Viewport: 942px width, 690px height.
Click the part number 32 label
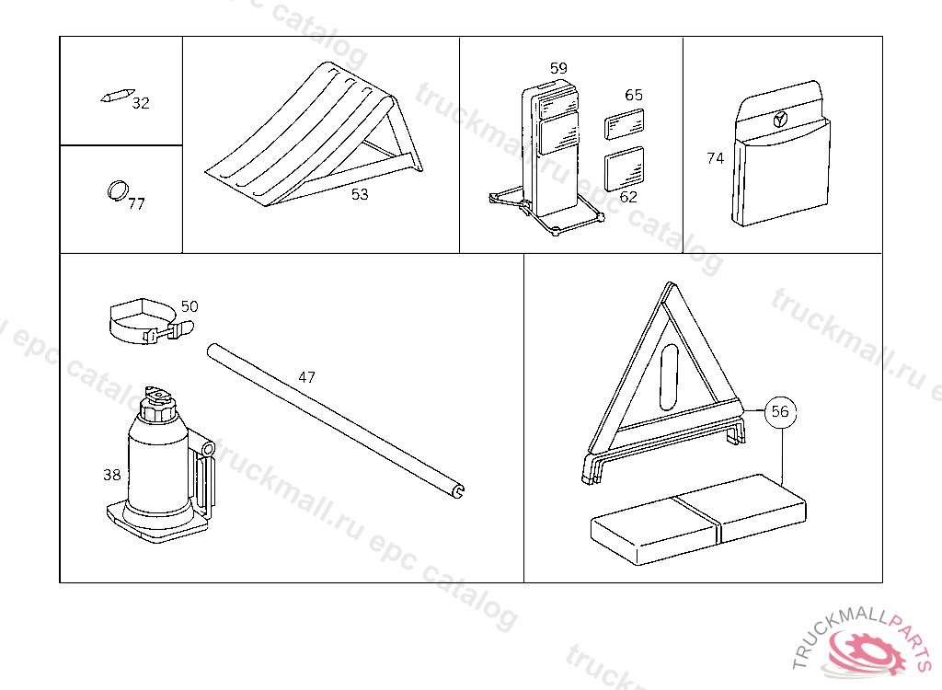click(141, 103)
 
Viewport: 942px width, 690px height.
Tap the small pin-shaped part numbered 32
click(117, 97)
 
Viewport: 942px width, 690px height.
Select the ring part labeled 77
click(118, 190)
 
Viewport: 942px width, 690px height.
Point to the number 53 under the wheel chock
click(360, 194)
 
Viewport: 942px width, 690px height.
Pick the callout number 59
click(558, 68)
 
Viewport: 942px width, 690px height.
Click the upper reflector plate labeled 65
click(625, 124)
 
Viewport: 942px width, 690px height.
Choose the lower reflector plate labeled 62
click(625, 168)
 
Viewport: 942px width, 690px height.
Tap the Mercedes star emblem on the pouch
click(780, 119)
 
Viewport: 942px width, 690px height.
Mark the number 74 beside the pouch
click(716, 158)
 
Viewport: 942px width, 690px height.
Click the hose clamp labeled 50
click(151, 322)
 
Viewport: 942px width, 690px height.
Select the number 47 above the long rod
click(307, 377)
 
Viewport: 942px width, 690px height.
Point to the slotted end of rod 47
click(458, 490)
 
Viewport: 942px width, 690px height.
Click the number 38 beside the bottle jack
click(111, 475)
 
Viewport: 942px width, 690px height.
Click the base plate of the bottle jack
click(157, 523)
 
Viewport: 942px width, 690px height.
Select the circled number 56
click(780, 412)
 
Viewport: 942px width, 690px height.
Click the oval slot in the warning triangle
click(669, 377)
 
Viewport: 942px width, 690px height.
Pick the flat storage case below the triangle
click(699, 519)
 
